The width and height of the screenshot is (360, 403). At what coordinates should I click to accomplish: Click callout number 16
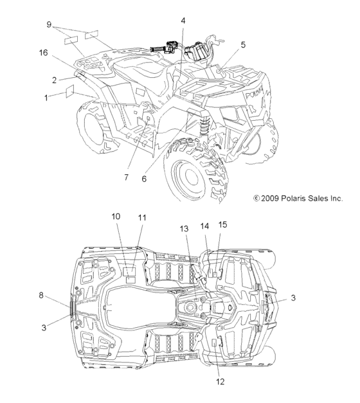click(44, 53)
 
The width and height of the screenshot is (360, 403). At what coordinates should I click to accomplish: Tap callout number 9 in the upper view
click(49, 24)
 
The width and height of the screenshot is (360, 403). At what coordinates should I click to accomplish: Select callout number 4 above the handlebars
click(183, 21)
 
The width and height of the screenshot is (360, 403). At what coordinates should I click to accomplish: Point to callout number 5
click(243, 45)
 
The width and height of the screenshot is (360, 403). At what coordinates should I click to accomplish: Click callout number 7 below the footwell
click(126, 177)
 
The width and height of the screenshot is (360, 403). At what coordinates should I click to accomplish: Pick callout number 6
click(144, 179)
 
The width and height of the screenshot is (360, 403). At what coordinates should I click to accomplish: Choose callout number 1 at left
click(46, 98)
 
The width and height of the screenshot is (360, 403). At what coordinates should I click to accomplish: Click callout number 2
click(54, 80)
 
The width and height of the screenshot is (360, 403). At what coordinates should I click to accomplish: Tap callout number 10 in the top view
click(116, 217)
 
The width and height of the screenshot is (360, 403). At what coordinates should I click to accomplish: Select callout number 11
click(142, 218)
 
